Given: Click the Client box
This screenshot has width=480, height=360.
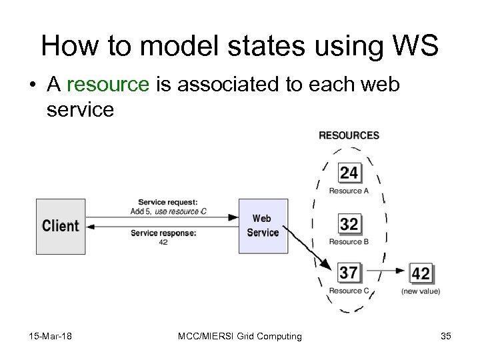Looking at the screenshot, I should point(61,226).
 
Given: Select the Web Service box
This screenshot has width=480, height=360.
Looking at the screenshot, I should point(263,226).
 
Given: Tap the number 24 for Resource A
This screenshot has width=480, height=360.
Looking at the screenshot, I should point(349,174).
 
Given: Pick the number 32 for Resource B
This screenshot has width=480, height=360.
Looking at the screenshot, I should point(349,224).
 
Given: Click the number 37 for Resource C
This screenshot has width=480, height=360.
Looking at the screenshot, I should point(349,273).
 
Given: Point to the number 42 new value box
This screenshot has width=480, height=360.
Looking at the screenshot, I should point(421,273).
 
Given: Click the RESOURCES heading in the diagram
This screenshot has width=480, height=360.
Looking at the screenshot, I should point(349,135).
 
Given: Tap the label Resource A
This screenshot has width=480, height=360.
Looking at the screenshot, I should point(349,191).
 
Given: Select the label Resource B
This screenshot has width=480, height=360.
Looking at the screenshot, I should point(349,241).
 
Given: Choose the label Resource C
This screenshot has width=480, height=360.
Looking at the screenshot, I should point(349,291).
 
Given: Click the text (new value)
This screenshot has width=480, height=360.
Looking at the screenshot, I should point(421,291).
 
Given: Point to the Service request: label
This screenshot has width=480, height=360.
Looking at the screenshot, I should point(167,203).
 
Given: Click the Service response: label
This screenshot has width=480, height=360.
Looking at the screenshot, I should point(163,233).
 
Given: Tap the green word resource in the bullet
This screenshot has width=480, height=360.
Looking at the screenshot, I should point(108,84).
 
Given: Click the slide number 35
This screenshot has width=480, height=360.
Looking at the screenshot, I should point(445,336).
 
